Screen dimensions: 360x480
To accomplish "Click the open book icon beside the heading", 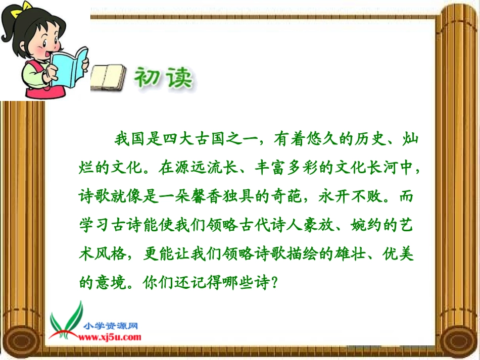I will point(108,77).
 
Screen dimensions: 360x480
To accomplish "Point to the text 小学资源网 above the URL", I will point(112,326).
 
